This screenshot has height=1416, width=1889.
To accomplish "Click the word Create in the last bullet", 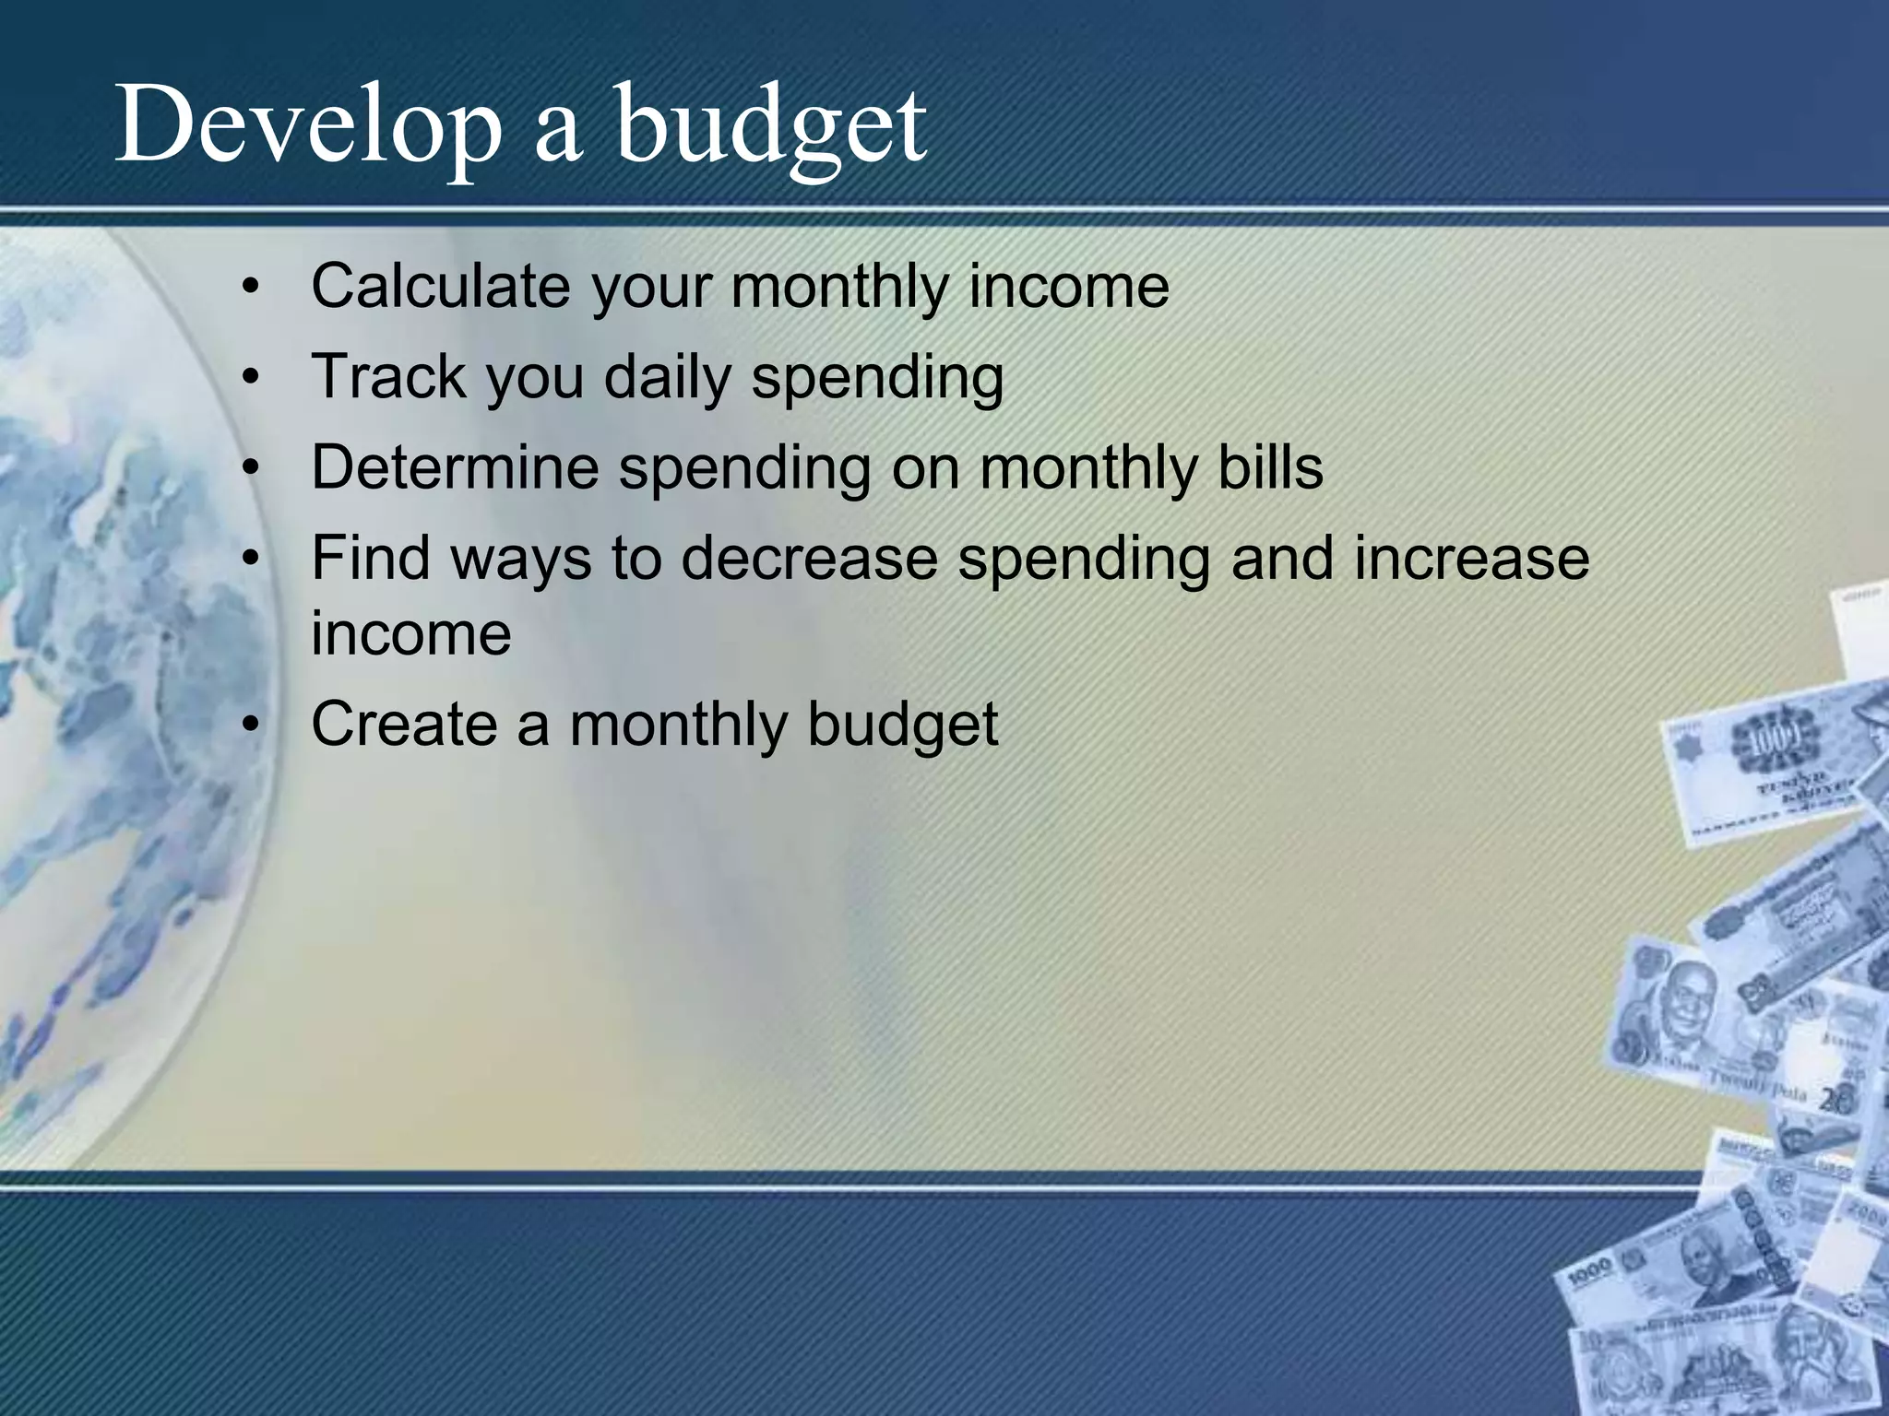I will click(x=403, y=724).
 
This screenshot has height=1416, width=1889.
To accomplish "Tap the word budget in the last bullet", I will click(x=902, y=726).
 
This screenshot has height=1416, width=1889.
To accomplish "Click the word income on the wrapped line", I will click(x=410, y=634).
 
